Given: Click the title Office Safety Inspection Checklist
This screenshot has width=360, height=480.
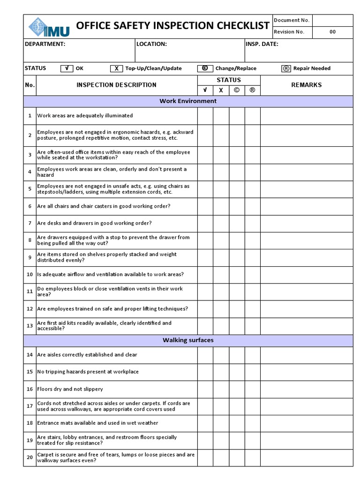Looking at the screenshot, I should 172,26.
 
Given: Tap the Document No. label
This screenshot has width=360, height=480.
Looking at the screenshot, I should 291,20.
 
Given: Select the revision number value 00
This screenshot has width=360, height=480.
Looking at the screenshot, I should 332,32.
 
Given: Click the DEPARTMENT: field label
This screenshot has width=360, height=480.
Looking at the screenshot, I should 45,44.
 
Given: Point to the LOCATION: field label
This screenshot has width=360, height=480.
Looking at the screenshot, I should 151,44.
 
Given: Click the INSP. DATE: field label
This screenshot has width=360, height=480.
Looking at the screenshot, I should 262,44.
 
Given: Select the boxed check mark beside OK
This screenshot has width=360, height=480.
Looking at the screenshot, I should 67,68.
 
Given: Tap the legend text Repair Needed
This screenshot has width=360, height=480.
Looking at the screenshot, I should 312,68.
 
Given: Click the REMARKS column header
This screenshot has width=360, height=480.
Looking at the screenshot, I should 306,85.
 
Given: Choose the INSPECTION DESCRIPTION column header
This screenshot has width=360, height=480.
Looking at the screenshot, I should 116,85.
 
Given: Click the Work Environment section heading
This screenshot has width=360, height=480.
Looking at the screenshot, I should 188,101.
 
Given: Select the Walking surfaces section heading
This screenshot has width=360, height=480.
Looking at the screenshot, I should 188,340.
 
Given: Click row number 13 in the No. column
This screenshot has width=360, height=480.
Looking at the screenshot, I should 30,326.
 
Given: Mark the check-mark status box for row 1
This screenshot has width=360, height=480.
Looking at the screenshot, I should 205,116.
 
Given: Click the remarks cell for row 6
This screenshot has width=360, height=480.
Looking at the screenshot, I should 306,206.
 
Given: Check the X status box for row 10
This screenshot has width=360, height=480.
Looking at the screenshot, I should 221,274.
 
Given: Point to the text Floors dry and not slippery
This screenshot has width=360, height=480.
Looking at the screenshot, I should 70,389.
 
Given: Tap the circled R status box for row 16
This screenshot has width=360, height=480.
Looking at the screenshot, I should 252,389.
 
